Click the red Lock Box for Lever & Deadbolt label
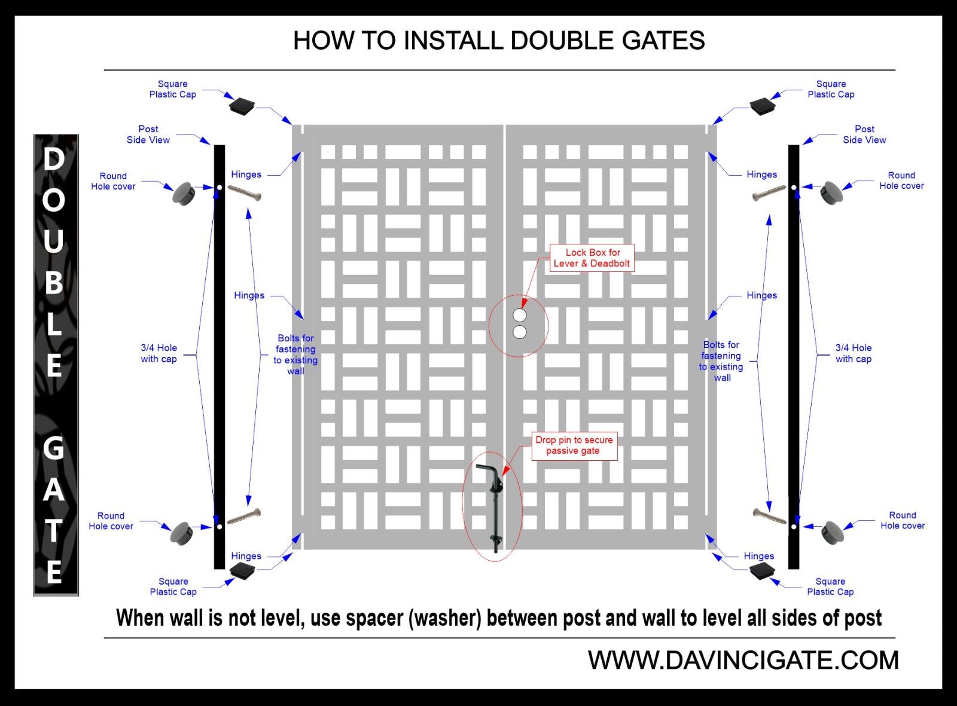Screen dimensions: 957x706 (592, 258)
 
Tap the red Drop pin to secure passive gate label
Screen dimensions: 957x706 (574, 445)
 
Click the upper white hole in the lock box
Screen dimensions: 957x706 (520, 315)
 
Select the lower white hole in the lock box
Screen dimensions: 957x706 (520, 332)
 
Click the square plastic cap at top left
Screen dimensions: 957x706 (241, 106)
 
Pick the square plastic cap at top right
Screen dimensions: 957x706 (762, 106)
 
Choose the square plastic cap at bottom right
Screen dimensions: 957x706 (763, 571)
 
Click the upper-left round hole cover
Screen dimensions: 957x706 (184, 194)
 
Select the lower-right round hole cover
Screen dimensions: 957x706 (832, 533)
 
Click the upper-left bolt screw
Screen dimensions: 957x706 (244, 192)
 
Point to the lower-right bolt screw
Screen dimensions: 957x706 (769, 516)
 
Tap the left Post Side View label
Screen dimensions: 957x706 (148, 135)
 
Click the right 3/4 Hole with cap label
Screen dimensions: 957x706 (854, 353)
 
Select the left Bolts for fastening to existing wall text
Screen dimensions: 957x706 (295, 354)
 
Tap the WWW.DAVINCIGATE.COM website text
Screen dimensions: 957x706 (743, 661)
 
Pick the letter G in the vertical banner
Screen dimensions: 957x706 (53, 448)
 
